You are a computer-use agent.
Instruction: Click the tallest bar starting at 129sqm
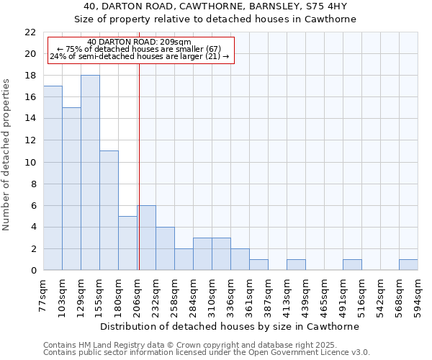pos(90,173)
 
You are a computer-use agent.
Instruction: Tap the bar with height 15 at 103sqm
pos(71,189)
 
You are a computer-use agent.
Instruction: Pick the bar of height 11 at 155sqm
pos(109,210)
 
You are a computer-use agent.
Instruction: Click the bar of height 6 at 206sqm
pos(146,238)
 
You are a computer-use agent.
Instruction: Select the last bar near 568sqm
pos(408,265)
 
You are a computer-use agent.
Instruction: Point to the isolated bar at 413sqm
pos(296,265)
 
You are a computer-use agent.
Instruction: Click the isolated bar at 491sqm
pos(352,265)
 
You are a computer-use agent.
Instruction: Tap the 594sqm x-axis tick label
pos(418,294)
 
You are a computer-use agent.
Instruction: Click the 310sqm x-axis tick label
pos(212,294)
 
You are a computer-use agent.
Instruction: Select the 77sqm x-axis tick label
pos(44,294)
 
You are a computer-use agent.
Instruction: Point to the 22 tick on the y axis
pos(30,32)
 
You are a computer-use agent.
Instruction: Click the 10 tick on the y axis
pos(30,163)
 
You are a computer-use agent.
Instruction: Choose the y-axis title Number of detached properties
pos(7,151)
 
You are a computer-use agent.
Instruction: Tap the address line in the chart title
pos(215,6)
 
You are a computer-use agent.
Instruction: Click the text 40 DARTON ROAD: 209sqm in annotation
pos(139,42)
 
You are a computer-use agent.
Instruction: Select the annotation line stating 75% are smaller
pos(139,49)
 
